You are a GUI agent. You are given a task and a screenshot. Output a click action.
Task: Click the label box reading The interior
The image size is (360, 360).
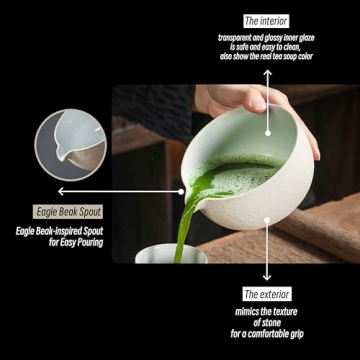[x=266, y=20]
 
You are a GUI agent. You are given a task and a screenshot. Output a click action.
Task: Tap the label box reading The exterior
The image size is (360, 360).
[x=267, y=294]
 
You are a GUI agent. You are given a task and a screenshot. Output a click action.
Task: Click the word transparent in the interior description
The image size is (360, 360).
[x=238, y=37]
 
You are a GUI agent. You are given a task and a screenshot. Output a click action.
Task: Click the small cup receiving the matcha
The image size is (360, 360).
[x=172, y=255]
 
